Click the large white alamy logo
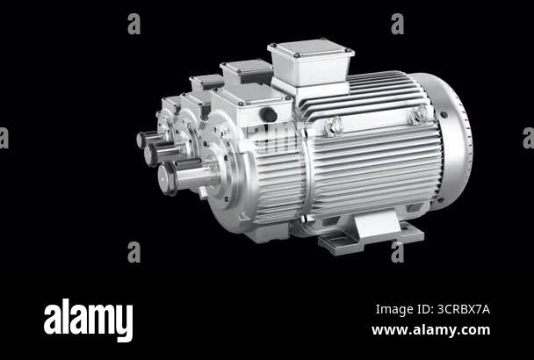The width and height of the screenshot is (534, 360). click(x=88, y=320)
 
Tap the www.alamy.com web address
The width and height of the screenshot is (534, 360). click(x=430, y=330)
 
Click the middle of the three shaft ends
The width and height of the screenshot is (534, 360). click(x=152, y=155)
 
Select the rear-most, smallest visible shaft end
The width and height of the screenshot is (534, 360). click(x=142, y=139)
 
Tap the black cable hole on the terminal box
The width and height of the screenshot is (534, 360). click(x=269, y=115)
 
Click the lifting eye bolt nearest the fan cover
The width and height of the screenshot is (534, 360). click(x=420, y=114)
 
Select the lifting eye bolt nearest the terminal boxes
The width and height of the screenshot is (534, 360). click(x=333, y=126)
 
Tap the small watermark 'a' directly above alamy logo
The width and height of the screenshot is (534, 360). click(x=133, y=252)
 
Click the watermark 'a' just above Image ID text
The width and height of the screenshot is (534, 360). click(x=397, y=252)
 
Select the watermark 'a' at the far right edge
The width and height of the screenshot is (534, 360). click(x=528, y=138)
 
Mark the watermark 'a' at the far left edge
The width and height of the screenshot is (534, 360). click(x=4, y=138)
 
